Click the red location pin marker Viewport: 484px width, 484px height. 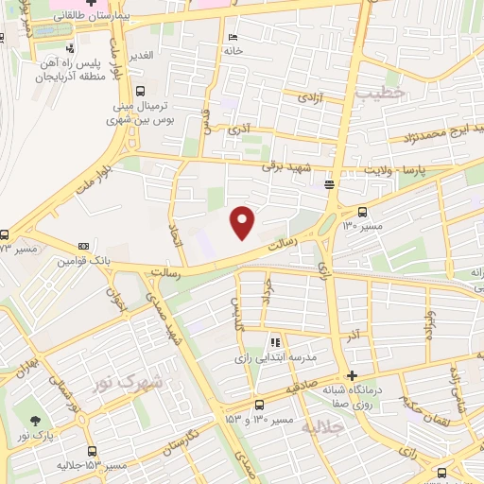pos(243,221)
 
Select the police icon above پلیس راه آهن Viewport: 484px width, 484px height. pos(70,47)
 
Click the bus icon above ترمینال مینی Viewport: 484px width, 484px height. pos(140,92)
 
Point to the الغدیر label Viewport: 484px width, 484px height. pos(141,56)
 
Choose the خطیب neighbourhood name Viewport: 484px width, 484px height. pos(380,92)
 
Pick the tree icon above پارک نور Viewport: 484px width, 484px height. pos(36,421)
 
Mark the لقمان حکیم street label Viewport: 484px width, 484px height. pos(425,407)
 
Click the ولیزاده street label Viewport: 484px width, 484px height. pos(430,326)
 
